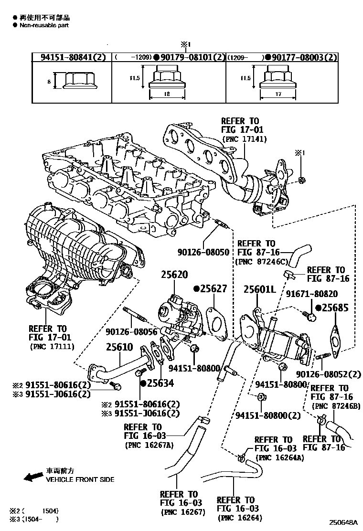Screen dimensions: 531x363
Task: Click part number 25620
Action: click(x=174, y=276)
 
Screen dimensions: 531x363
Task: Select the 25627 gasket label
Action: click(x=213, y=289)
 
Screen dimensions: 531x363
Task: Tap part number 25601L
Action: click(x=260, y=290)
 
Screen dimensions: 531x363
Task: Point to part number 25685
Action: click(x=334, y=308)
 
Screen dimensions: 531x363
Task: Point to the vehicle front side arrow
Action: click(x=33, y=478)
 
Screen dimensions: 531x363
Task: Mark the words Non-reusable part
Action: click(x=44, y=25)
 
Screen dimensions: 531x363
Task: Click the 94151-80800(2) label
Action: click(x=268, y=415)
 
